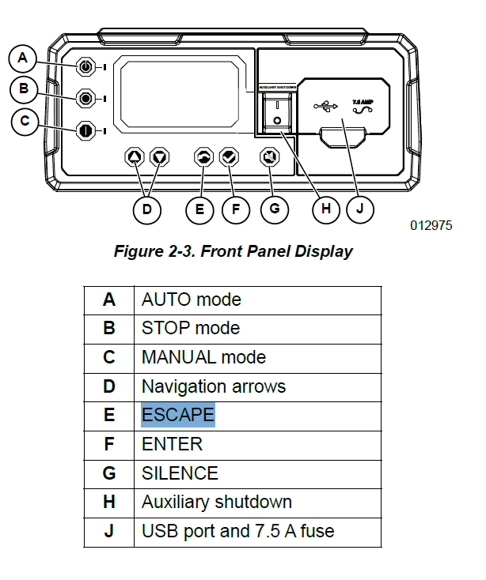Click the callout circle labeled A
(x=23, y=57)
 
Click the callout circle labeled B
(x=23, y=89)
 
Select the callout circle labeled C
(x=23, y=121)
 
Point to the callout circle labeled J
(x=362, y=209)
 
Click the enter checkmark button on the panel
(x=230, y=158)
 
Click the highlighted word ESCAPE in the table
(x=177, y=415)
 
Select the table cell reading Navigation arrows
(x=213, y=386)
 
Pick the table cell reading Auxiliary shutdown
(x=216, y=502)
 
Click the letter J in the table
(x=109, y=531)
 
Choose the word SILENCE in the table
(x=180, y=473)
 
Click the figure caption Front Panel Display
(x=234, y=252)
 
